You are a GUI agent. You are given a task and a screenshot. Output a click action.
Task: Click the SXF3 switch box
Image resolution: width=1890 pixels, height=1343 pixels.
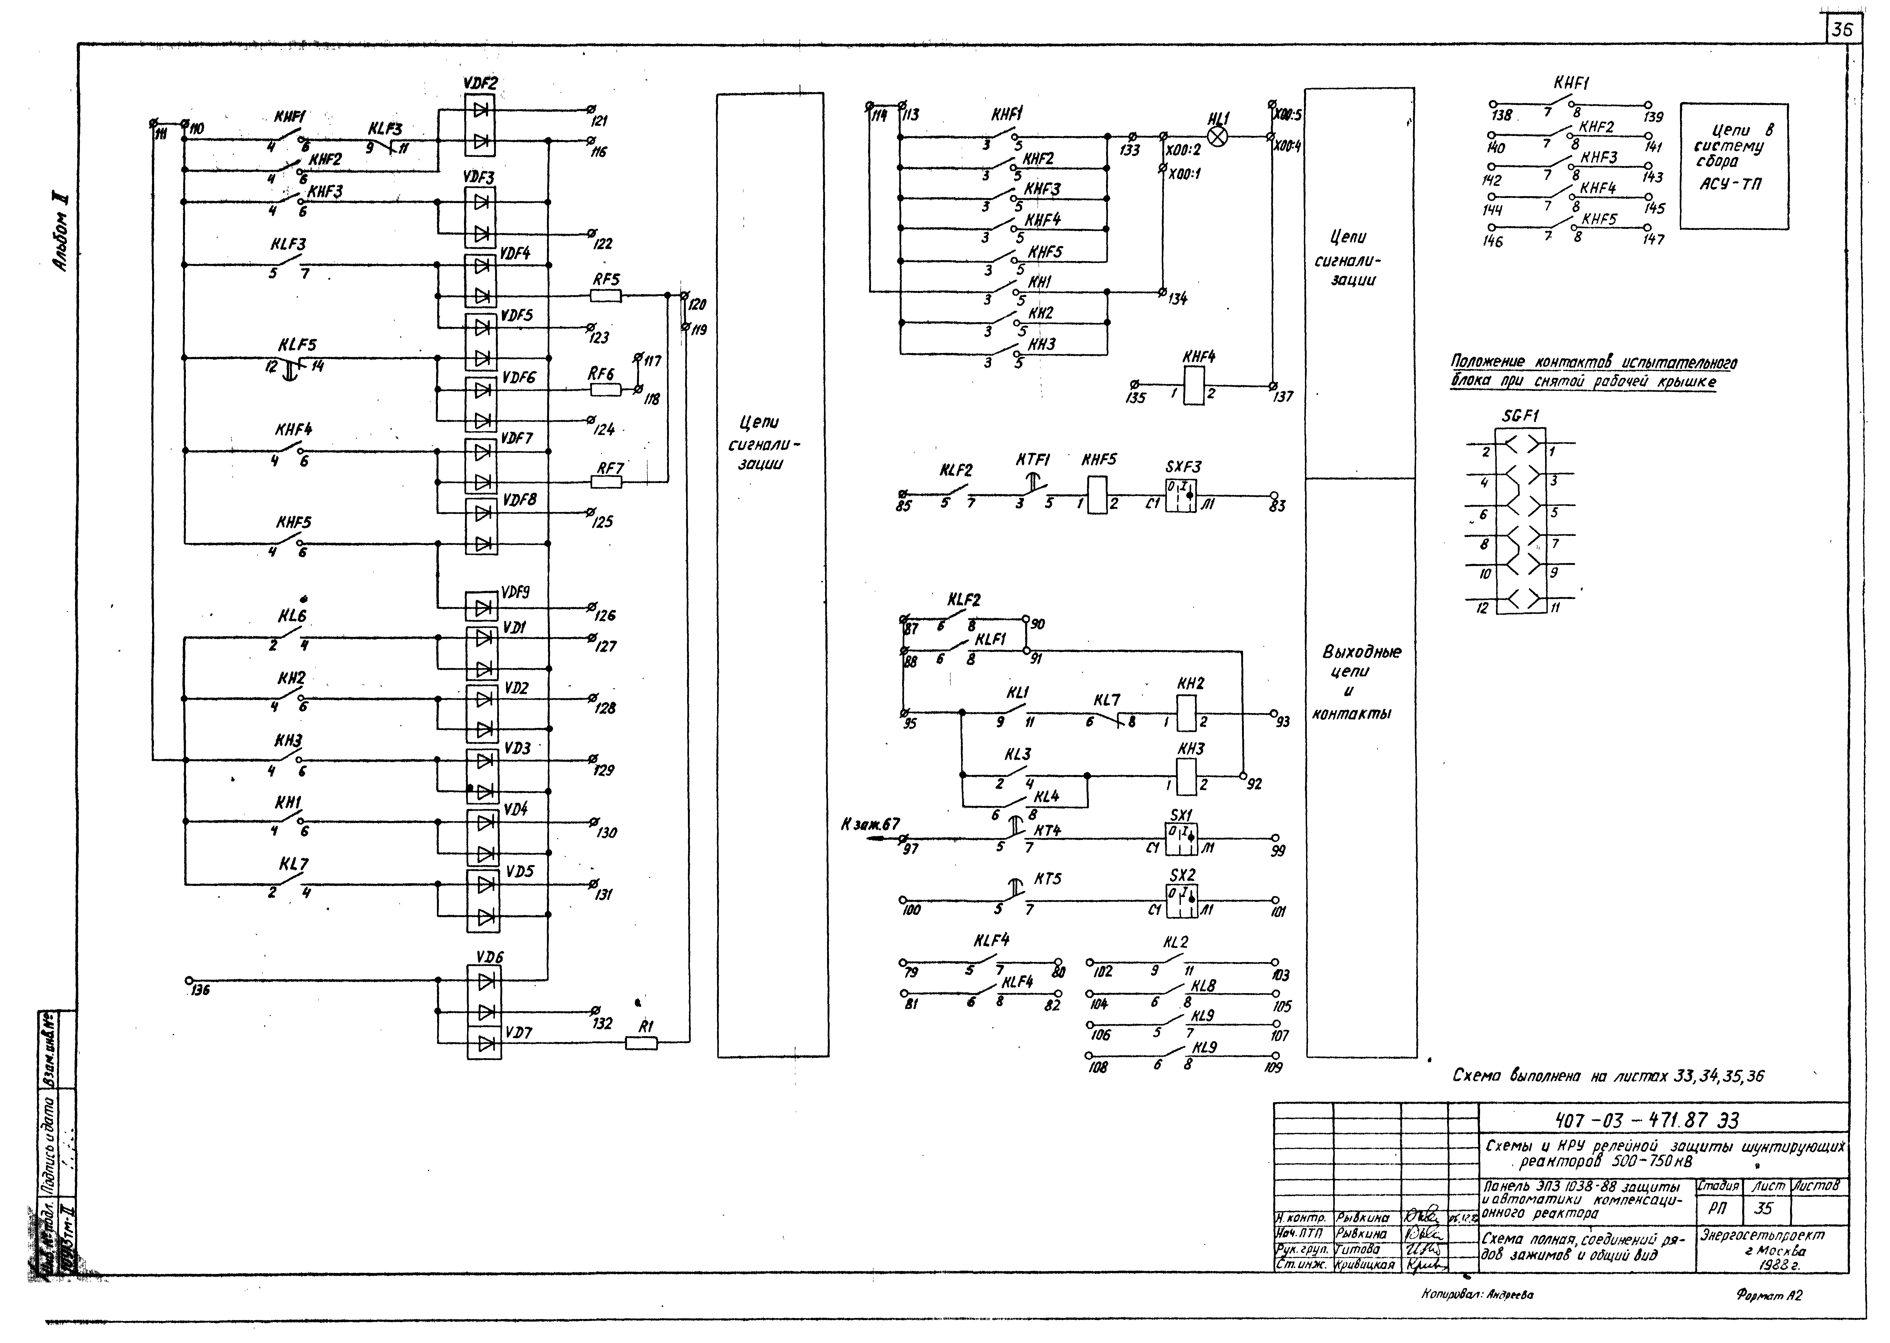(x=1181, y=496)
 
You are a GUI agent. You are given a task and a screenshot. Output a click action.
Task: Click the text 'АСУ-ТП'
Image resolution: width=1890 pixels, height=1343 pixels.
(x=1730, y=184)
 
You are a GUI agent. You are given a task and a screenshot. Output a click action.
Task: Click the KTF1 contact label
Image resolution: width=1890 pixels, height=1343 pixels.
(x=1033, y=460)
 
